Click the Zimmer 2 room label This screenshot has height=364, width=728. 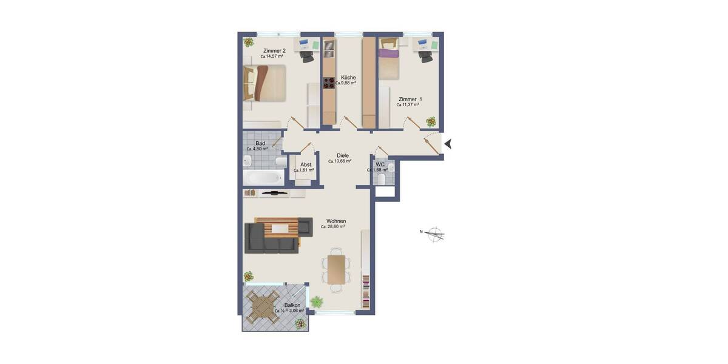tap(274, 50)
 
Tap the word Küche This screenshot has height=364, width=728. tap(348, 78)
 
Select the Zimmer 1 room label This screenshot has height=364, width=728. tap(410, 99)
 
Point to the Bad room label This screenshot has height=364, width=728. tap(260, 143)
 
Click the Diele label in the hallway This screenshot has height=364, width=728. tap(343, 155)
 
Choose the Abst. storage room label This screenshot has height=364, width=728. tap(306, 164)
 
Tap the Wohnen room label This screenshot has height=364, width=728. tap(336, 221)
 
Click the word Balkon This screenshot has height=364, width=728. tap(292, 305)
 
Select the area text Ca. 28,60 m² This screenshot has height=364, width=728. tap(333, 227)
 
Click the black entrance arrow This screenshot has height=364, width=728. tap(449, 144)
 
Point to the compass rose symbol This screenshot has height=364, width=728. tap(435, 234)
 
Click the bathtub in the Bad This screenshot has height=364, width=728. tap(262, 178)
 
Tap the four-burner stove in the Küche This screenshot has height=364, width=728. tap(329, 83)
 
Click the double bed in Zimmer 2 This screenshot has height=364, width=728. tap(265, 83)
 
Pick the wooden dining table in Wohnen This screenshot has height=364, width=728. tap(335, 269)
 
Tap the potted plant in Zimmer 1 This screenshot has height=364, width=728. tap(430, 121)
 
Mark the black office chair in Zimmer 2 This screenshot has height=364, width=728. tap(307, 55)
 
